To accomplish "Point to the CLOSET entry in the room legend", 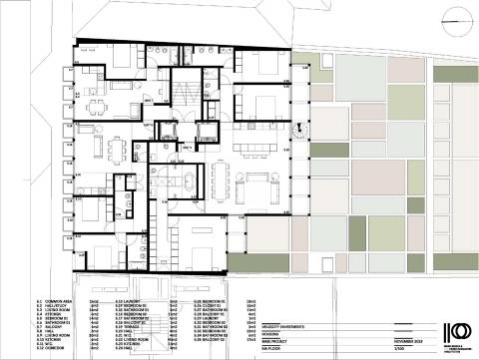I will pyautogui.click(x=215, y=305).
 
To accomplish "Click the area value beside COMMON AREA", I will pyautogui.click(x=93, y=300).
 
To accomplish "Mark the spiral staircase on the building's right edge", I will pyautogui.click(x=297, y=126).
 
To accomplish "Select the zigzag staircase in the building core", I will pyautogui.click(x=184, y=92).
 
